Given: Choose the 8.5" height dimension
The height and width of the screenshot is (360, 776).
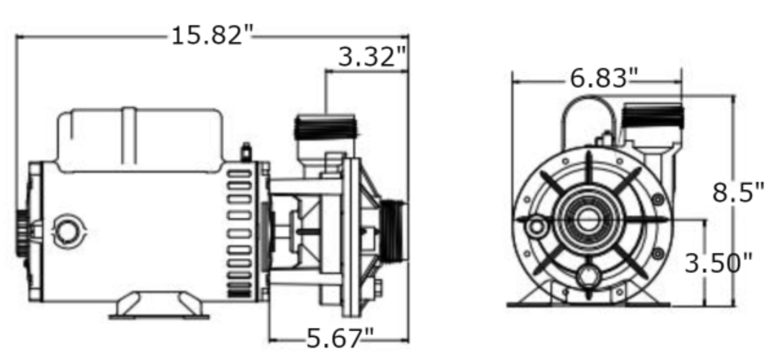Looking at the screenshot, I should click(x=733, y=193).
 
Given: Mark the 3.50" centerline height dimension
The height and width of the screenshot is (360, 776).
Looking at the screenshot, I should click(x=719, y=263).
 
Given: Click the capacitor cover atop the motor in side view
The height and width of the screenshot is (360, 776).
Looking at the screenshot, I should click(x=141, y=139).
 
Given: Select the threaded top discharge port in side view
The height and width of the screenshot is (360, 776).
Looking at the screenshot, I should click(x=325, y=128).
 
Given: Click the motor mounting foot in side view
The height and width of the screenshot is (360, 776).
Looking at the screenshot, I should click(x=159, y=306).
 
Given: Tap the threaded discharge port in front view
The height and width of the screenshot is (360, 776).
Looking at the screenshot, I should click(x=652, y=117).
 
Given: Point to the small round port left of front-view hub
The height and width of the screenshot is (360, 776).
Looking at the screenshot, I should click(x=536, y=227).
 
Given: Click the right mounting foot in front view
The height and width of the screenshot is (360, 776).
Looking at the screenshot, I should click(x=648, y=298).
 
